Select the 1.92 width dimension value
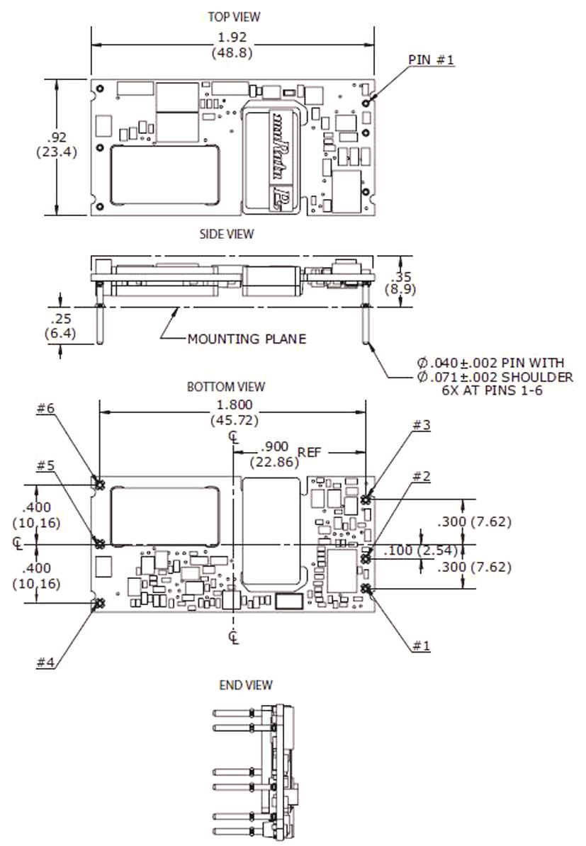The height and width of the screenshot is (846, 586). (x=232, y=38)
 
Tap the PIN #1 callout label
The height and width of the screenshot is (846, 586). (x=432, y=60)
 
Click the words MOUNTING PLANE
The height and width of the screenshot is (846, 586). (x=247, y=339)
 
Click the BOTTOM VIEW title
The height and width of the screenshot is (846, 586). (x=226, y=387)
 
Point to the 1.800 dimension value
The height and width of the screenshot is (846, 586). (x=233, y=405)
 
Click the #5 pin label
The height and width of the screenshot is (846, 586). (x=46, y=466)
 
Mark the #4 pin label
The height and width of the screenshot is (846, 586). (x=46, y=662)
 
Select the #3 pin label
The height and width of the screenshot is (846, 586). (x=421, y=424)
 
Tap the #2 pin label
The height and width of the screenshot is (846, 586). (x=421, y=475)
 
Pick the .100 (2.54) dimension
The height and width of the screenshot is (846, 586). (x=421, y=551)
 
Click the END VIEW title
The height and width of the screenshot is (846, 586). (x=246, y=684)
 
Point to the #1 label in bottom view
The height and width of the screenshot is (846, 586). (x=421, y=645)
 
